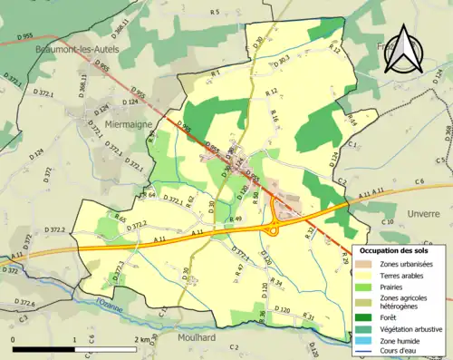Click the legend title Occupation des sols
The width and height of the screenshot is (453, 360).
click(x=396, y=249)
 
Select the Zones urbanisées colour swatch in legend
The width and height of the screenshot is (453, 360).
click(x=365, y=263)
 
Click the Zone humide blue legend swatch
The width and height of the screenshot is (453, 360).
click(x=365, y=328)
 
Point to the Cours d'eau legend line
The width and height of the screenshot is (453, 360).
click(x=365, y=339)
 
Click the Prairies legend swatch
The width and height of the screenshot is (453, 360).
click(x=365, y=284)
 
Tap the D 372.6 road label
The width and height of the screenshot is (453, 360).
click(x=24, y=303)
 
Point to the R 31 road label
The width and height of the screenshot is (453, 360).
click(x=308, y=316)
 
